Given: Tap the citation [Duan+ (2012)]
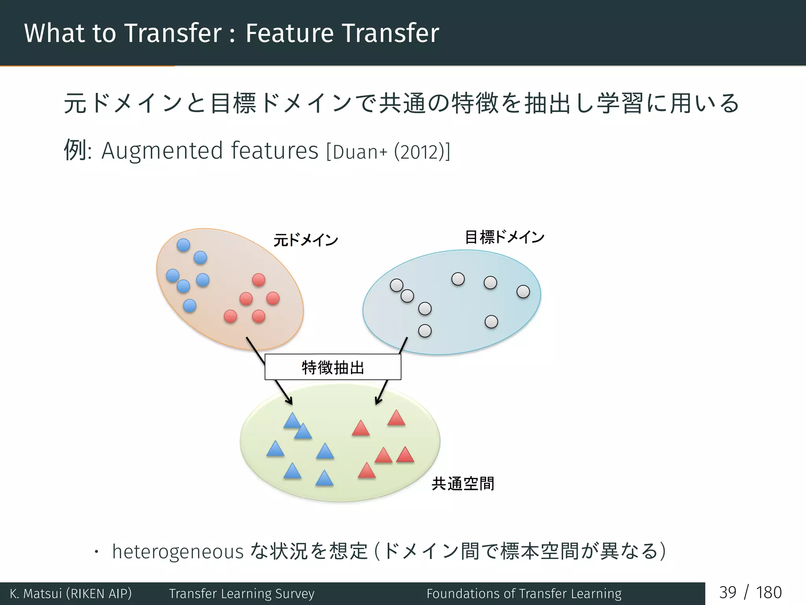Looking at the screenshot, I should coord(388,152).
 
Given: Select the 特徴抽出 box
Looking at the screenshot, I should coord(333,367).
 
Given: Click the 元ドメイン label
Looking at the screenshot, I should coord(306,240).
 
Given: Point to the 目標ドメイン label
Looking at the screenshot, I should coord(505,237).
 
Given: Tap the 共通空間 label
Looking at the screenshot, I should coord(463,483).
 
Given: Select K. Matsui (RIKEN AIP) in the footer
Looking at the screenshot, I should coord(71,594).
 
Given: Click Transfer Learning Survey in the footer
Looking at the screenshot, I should coord(242,594).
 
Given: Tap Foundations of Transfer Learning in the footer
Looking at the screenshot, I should coord(524,594).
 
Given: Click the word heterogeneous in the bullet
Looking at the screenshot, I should coord(178,551).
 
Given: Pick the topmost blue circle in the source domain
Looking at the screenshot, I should coord(183,245).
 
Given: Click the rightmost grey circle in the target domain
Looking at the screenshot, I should coord(523,292).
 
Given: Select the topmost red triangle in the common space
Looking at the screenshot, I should coord(396,419).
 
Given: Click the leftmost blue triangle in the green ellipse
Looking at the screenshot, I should coord(275,449).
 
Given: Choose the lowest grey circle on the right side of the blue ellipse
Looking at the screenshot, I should coord(491,322).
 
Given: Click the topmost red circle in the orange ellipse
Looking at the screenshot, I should coord(259,280).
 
